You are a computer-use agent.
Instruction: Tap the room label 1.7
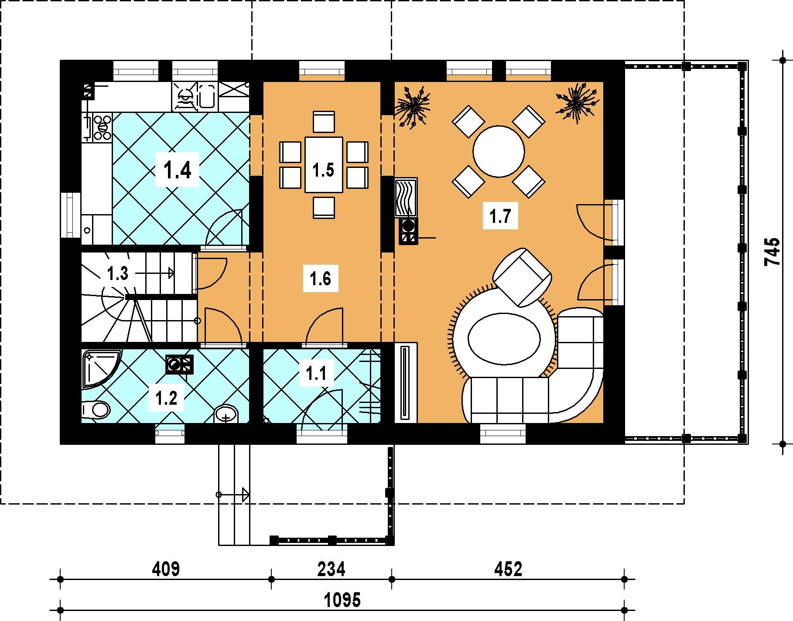(x=500, y=216)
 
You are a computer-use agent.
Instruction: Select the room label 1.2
(x=167, y=398)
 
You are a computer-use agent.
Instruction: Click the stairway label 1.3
(x=117, y=274)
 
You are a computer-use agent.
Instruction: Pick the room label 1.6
(x=321, y=278)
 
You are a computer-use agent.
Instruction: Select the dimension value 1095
(x=342, y=601)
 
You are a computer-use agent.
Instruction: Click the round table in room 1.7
(x=499, y=152)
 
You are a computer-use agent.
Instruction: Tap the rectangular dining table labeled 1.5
(x=324, y=164)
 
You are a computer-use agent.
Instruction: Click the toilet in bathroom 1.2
(x=96, y=409)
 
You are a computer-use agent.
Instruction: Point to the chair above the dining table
(x=324, y=122)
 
